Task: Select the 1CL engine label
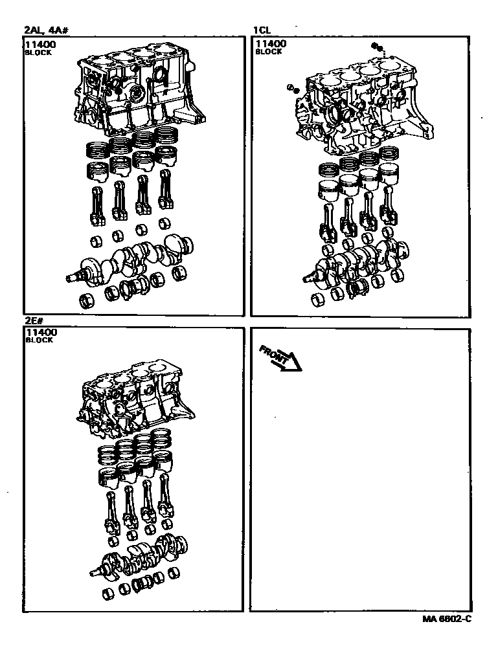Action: coord(262,30)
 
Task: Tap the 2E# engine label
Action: coord(34,322)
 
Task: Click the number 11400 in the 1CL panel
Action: coord(271,43)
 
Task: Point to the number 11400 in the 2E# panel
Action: coord(41,332)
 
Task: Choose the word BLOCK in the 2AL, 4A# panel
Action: coord(38,52)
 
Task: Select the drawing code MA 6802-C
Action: coord(447,619)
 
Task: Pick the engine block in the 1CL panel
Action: coord(366,106)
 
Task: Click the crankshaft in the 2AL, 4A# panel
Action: coord(130,260)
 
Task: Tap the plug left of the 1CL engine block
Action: coord(293,89)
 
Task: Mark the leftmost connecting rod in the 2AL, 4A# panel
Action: coord(97,206)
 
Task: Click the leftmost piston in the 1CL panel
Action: coord(328,191)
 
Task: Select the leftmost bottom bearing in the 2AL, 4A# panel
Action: coord(86,301)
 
